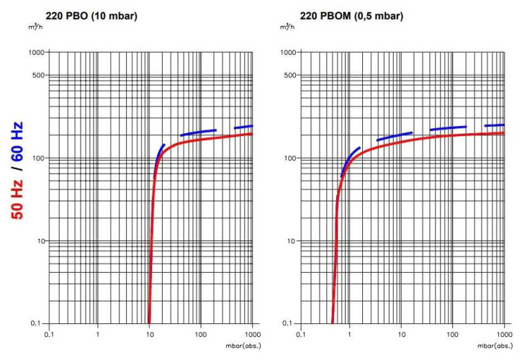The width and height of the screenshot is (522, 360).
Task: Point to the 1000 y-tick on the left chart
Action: pos(35,53)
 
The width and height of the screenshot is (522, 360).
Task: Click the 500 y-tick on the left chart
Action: pos(37,76)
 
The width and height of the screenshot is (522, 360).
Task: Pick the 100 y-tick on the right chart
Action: pos(287,158)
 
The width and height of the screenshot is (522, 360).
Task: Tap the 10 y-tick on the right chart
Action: pos(289,241)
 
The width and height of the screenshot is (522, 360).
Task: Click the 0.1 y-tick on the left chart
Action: pos(37,323)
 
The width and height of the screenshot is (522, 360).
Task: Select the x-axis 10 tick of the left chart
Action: pos(149,335)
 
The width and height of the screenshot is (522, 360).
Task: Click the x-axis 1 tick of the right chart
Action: pos(350,335)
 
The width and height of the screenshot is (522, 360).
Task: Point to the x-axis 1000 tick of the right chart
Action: pos(502,335)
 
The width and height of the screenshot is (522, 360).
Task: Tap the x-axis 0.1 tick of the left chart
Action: pos(48,335)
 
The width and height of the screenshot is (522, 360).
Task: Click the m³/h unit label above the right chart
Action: pos(287,27)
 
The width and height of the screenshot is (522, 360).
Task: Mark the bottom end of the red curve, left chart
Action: pos(148,323)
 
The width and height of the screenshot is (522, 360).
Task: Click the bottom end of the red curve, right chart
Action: pos(332,323)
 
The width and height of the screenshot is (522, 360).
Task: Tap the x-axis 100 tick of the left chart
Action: pos(201,335)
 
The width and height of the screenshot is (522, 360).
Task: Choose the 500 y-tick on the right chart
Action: pos(289,76)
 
